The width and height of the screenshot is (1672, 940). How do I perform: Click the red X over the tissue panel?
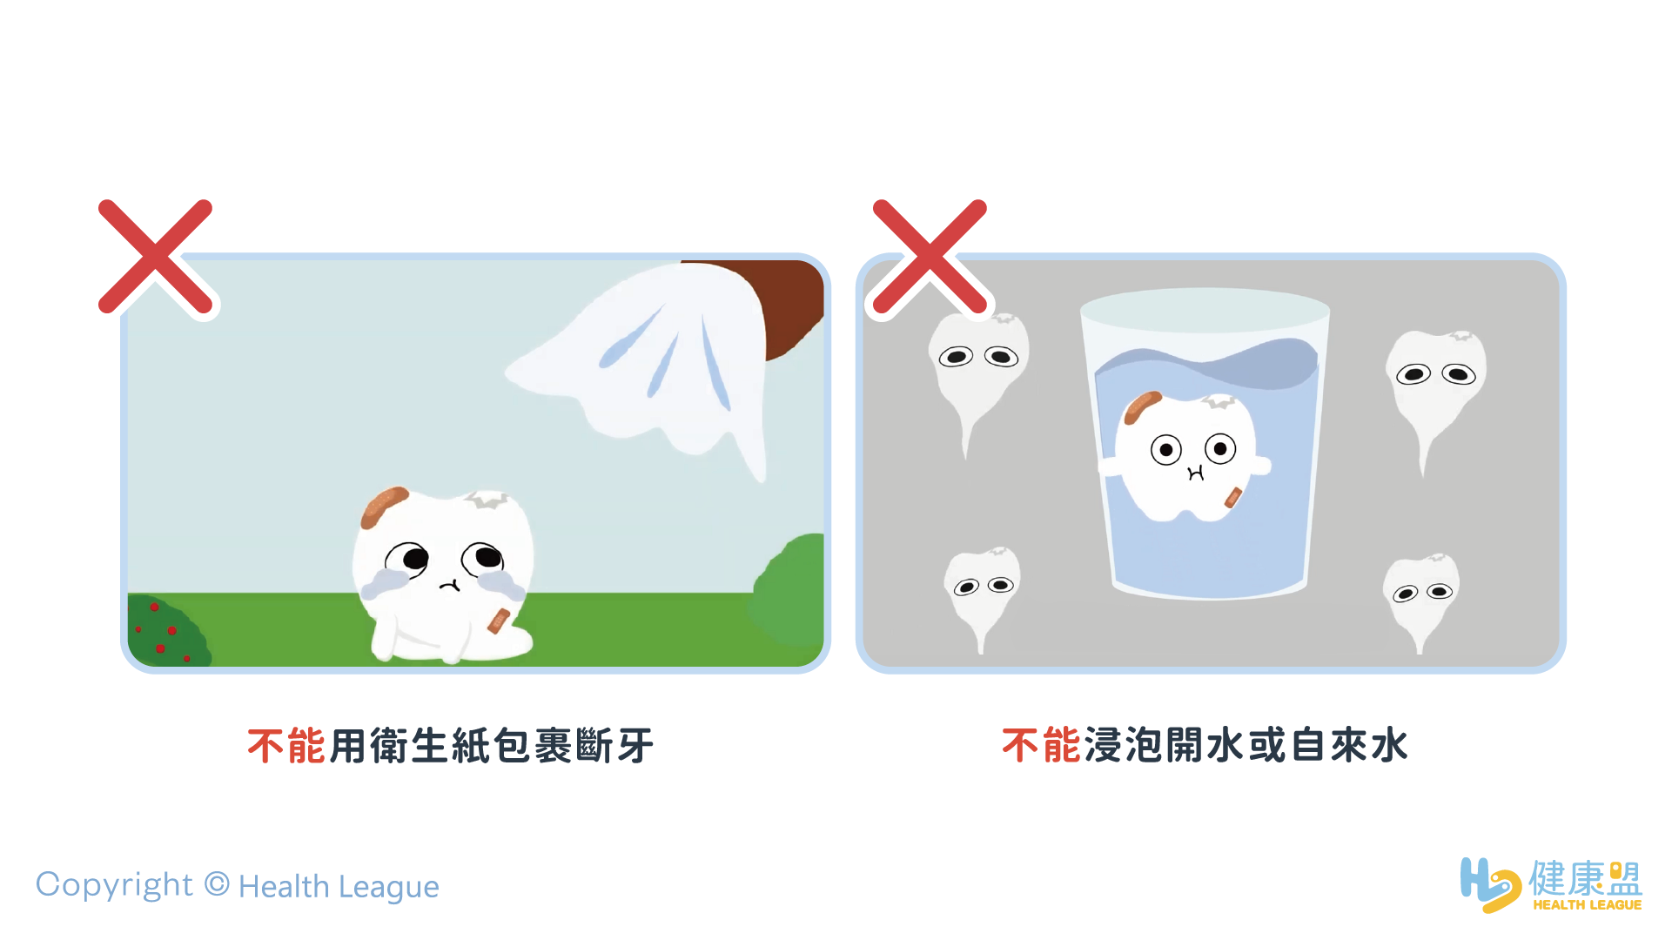[x=156, y=256]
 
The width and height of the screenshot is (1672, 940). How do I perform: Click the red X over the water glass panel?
[x=930, y=256]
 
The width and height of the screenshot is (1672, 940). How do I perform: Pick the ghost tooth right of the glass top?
[x=1436, y=383]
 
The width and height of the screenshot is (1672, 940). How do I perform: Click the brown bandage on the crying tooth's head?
[x=384, y=507]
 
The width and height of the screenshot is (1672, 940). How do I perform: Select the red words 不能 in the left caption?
[x=286, y=746]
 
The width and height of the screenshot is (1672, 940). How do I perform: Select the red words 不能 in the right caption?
[x=1041, y=745]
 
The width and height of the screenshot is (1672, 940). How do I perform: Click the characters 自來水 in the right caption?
[x=1349, y=745]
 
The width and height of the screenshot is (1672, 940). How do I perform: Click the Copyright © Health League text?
[x=237, y=886]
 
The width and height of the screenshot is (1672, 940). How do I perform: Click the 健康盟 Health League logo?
[x=1551, y=884]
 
